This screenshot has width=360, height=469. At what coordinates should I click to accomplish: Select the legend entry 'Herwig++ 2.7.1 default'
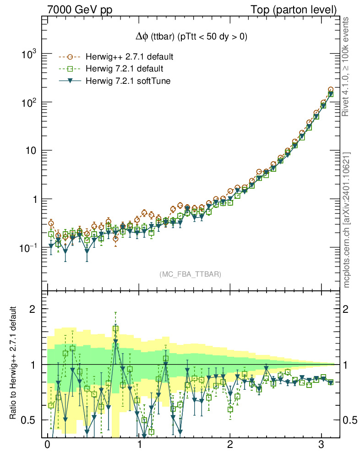(x=129, y=57)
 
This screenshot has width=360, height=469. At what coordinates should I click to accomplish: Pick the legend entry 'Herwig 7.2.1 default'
(x=124, y=69)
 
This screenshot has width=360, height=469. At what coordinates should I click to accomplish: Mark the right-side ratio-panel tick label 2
(x=348, y=309)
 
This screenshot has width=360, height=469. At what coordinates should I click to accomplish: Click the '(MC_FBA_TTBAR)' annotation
(x=191, y=274)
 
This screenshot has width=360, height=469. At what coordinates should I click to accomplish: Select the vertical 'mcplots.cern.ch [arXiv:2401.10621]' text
(x=347, y=220)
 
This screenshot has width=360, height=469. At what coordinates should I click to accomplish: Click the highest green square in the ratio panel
(x=115, y=328)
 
